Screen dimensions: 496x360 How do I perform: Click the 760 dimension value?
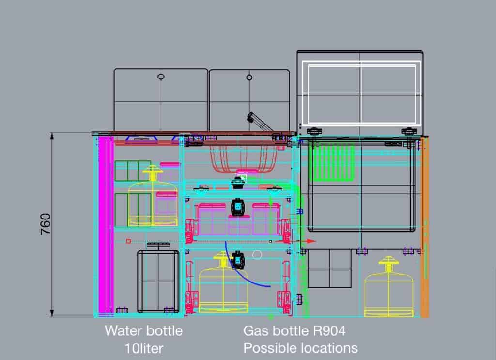[46, 224]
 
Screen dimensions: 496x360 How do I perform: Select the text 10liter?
[144, 348]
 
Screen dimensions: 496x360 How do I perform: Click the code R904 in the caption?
[329, 331]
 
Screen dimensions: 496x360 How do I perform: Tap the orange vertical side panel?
[425, 226]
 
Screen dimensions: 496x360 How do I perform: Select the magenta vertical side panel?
[106, 225]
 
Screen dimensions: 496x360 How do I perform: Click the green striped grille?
[333, 162]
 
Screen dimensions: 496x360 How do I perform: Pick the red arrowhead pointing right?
[311, 241]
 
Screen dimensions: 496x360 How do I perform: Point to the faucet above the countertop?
[260, 122]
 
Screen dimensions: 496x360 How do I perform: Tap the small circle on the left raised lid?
[161, 77]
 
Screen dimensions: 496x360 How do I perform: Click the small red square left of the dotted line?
[128, 241]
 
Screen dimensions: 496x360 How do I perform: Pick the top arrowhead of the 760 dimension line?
[52, 136]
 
